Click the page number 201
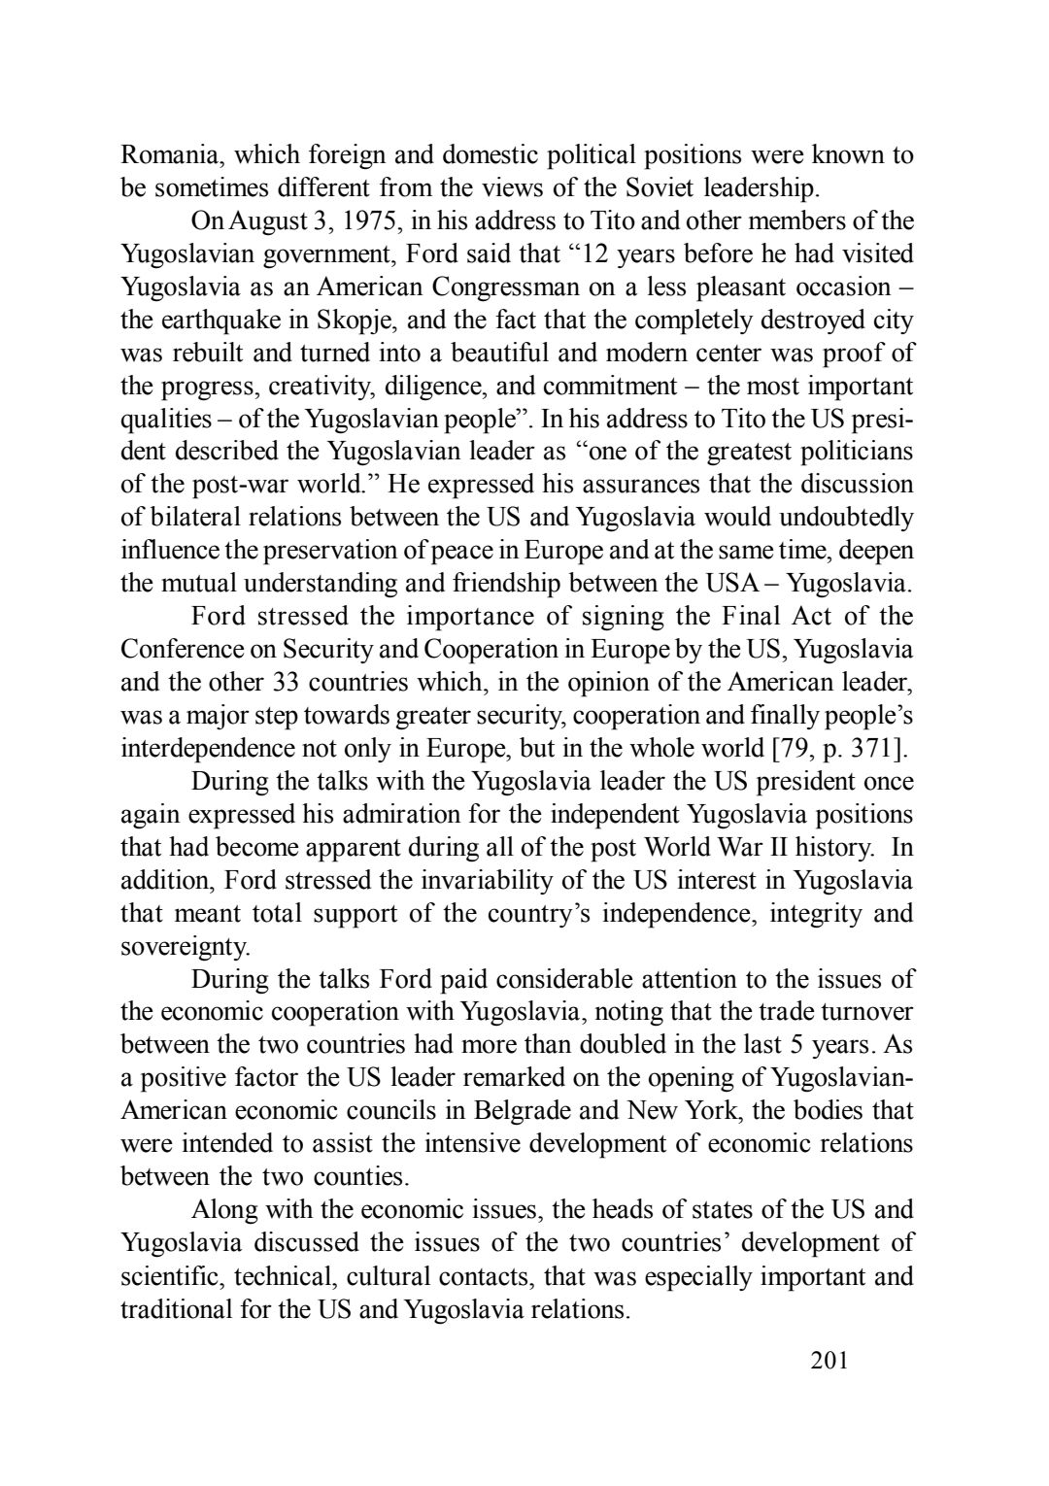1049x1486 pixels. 829,1361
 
